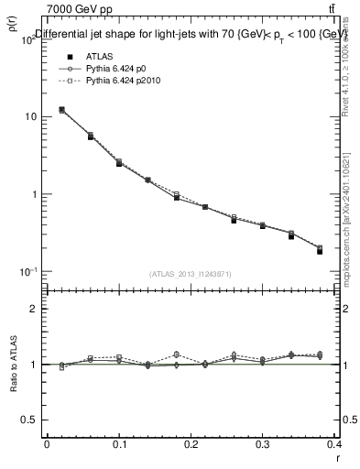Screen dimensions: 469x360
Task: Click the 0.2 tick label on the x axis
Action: (191, 446)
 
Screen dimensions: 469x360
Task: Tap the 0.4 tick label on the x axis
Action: (335, 446)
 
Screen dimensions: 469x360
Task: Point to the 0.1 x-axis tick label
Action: (118, 446)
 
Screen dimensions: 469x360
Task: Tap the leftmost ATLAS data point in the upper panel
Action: (61, 110)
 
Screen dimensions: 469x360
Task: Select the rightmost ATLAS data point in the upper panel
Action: (320, 251)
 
